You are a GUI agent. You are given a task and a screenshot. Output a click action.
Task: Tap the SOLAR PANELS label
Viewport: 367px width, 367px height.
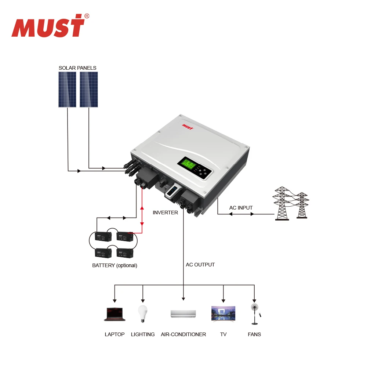point(77,68)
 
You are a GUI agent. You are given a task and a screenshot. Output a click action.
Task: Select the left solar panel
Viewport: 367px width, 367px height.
point(67,90)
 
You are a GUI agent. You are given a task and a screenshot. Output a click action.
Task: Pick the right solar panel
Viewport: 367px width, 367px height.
point(89,90)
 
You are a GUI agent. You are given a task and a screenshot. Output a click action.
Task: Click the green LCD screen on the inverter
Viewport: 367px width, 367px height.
point(187,164)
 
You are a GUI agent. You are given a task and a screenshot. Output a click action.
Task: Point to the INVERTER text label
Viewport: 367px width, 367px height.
point(165,212)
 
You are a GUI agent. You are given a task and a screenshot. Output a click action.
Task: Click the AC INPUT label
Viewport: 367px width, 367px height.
point(241,208)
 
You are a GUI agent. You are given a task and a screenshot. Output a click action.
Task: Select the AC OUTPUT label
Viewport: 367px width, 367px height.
point(200,265)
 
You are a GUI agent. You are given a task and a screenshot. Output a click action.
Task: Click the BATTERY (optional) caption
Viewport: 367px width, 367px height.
point(115,265)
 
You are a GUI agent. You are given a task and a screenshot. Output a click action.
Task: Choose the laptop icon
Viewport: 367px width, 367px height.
point(115,315)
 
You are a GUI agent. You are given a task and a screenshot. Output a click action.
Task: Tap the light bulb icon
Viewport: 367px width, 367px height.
point(143,314)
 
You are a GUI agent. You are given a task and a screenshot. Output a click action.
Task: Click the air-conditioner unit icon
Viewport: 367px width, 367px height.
point(183,314)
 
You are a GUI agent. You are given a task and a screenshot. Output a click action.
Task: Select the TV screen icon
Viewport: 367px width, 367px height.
point(223,314)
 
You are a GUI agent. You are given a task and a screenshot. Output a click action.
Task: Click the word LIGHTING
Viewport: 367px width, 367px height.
point(143,334)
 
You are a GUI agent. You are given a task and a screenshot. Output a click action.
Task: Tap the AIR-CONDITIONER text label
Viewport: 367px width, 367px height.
point(183,334)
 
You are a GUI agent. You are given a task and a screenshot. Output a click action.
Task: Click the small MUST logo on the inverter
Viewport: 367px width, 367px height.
point(188,126)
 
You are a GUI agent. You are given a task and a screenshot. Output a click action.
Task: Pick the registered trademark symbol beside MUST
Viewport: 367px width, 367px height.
point(87,16)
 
